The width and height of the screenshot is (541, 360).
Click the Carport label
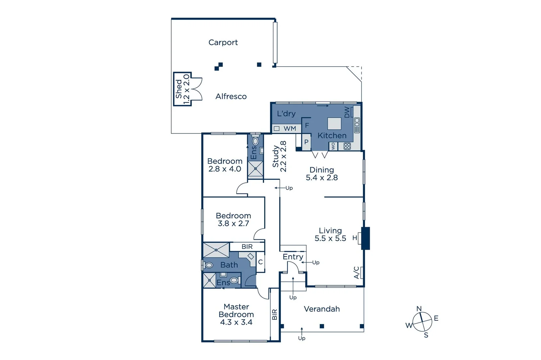[223, 43]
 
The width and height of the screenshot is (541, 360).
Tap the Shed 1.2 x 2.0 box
[182, 89]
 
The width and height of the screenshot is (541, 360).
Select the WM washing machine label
[290, 129]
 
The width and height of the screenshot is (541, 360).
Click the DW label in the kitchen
[347, 112]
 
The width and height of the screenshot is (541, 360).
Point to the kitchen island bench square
[334, 123]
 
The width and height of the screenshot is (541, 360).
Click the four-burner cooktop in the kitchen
[347, 146]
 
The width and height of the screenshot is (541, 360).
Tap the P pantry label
[306, 142]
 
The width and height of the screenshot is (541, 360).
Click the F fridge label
[307, 126]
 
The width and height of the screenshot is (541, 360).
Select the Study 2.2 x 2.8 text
[279, 156]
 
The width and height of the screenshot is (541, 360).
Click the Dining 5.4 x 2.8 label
[321, 174]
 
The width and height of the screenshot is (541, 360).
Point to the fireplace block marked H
[365, 238]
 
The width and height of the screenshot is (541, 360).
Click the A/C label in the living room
[356, 272]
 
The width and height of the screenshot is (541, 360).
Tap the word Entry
[293, 257]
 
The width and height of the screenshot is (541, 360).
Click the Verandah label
[321, 309]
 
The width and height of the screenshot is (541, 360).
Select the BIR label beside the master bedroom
[274, 314]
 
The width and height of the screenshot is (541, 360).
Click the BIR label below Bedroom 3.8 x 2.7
[247, 247]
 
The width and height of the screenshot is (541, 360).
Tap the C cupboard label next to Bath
[261, 262]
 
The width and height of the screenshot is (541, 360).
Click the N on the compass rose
[419, 309]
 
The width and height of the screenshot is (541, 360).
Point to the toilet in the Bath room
[209, 265]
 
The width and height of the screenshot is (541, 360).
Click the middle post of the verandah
[321, 326]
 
